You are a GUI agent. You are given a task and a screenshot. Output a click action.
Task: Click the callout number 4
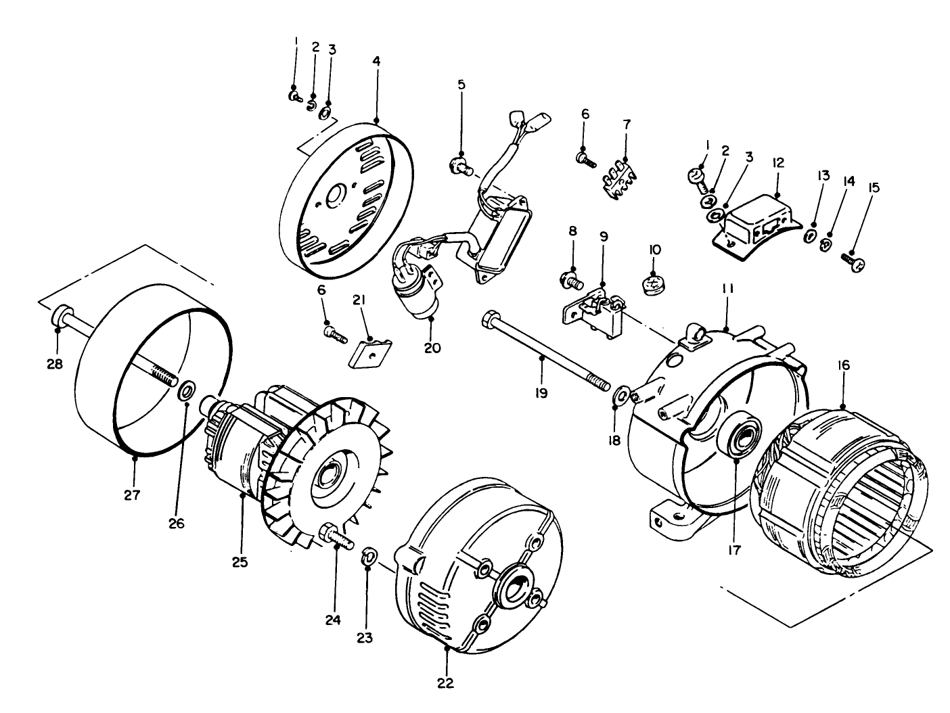coord(376,61)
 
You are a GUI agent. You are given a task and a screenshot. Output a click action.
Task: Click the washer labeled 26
coord(187,390)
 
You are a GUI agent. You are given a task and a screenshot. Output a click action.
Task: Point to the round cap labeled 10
coord(654,283)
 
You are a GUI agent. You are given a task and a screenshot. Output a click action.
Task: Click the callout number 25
coord(240,561)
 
